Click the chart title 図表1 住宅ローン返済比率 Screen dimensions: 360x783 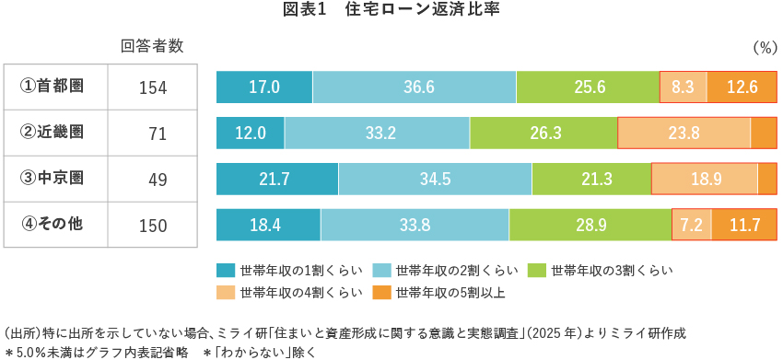[391, 10]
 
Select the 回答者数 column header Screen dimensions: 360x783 [152, 46]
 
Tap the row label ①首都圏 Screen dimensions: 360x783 [56, 87]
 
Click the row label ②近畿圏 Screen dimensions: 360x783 [56, 132]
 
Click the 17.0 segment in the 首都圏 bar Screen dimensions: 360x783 [264, 87]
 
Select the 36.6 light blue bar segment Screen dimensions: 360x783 [415, 87]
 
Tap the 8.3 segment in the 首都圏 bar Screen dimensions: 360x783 [684, 87]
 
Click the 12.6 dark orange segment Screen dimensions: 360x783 [742, 87]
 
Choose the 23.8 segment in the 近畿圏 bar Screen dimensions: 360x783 [684, 133]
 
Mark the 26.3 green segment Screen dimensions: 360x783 [543, 133]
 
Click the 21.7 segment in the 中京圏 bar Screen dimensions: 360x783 [276, 179]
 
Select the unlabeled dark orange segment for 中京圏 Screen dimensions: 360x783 [767, 179]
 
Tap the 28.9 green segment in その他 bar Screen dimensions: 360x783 [590, 225]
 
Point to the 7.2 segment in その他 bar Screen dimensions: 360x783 [692, 225]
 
